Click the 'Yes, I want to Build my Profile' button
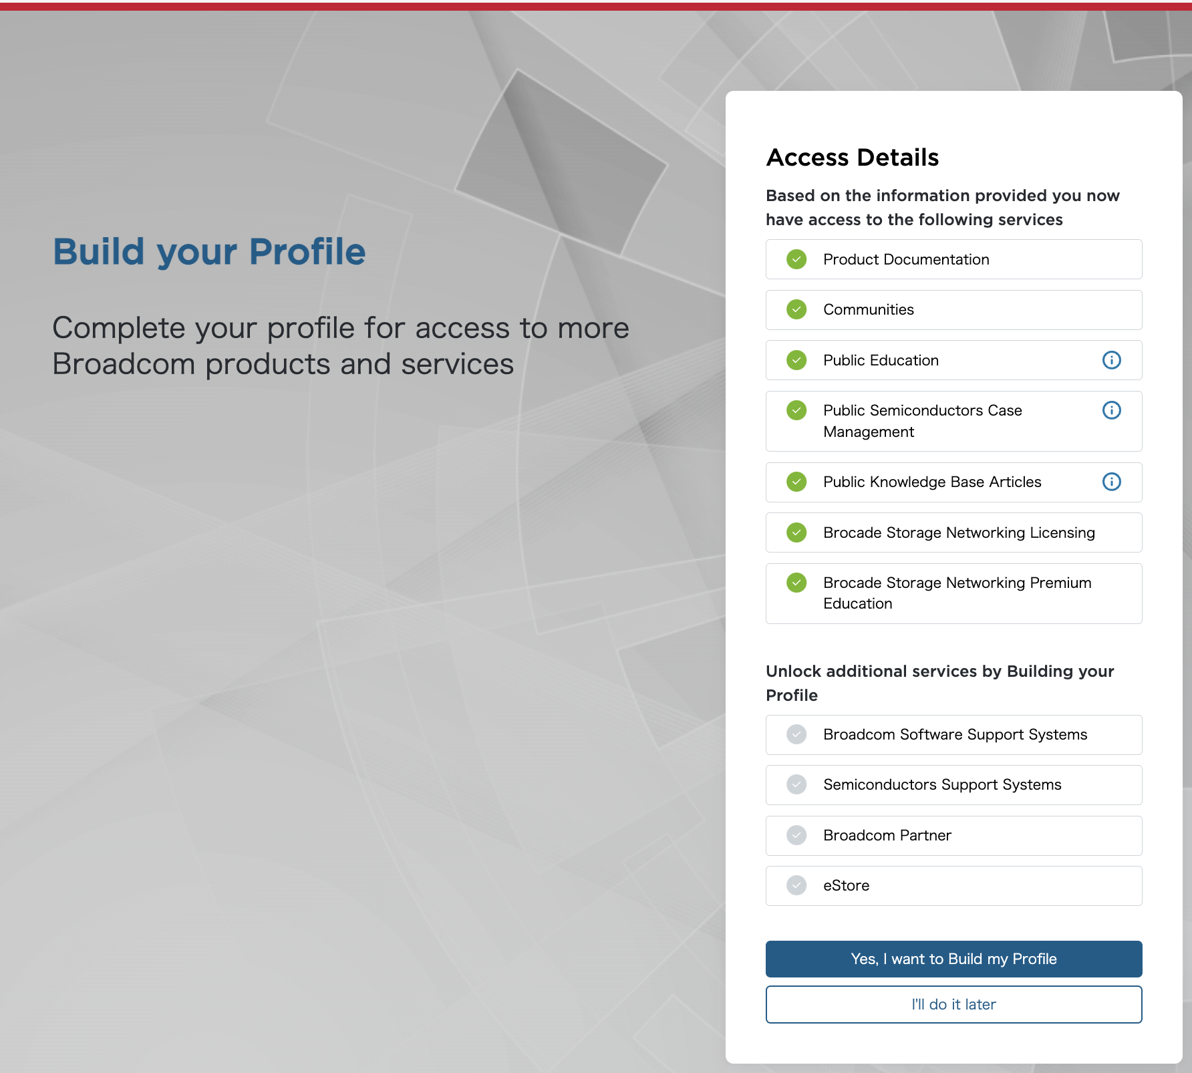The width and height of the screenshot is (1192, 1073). [x=953, y=959]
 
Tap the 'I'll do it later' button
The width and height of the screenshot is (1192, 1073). [x=953, y=1004]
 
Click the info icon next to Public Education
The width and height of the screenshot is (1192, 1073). [x=1111, y=360]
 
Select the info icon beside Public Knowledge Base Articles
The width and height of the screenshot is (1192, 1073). [x=1111, y=482]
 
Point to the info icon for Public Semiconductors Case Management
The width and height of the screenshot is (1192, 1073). [x=1111, y=410]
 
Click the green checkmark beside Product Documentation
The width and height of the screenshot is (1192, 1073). [x=796, y=259]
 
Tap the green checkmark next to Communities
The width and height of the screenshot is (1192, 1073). [x=796, y=309]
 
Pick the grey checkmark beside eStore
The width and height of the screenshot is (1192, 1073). [x=796, y=885]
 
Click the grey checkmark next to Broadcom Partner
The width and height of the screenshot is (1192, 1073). [x=796, y=835]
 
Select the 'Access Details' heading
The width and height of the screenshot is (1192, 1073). [x=853, y=158]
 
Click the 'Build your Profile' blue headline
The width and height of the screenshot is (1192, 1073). [x=209, y=252]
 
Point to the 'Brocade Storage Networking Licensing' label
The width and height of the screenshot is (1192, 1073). [x=959, y=532]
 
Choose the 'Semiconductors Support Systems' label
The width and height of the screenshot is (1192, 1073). [x=942, y=784]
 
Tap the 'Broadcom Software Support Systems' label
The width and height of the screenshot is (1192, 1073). [x=955, y=734]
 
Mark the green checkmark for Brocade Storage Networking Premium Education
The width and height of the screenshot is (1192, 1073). [x=796, y=583]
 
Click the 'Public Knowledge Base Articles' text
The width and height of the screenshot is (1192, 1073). [x=932, y=482]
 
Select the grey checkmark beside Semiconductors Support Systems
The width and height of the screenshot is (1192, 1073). [x=796, y=784]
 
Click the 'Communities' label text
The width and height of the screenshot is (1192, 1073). [x=868, y=309]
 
